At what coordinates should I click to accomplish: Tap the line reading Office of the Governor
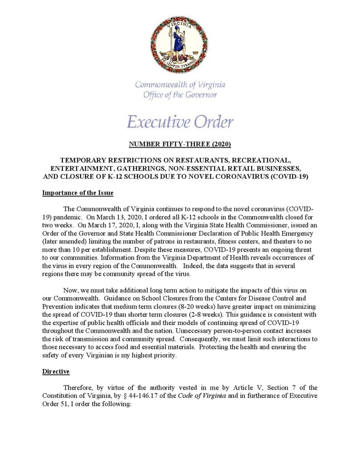tap(180, 95)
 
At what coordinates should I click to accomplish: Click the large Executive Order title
tap(180, 122)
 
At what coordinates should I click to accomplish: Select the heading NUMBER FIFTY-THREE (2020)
tap(180, 145)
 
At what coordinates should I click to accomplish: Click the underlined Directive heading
tap(56, 372)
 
